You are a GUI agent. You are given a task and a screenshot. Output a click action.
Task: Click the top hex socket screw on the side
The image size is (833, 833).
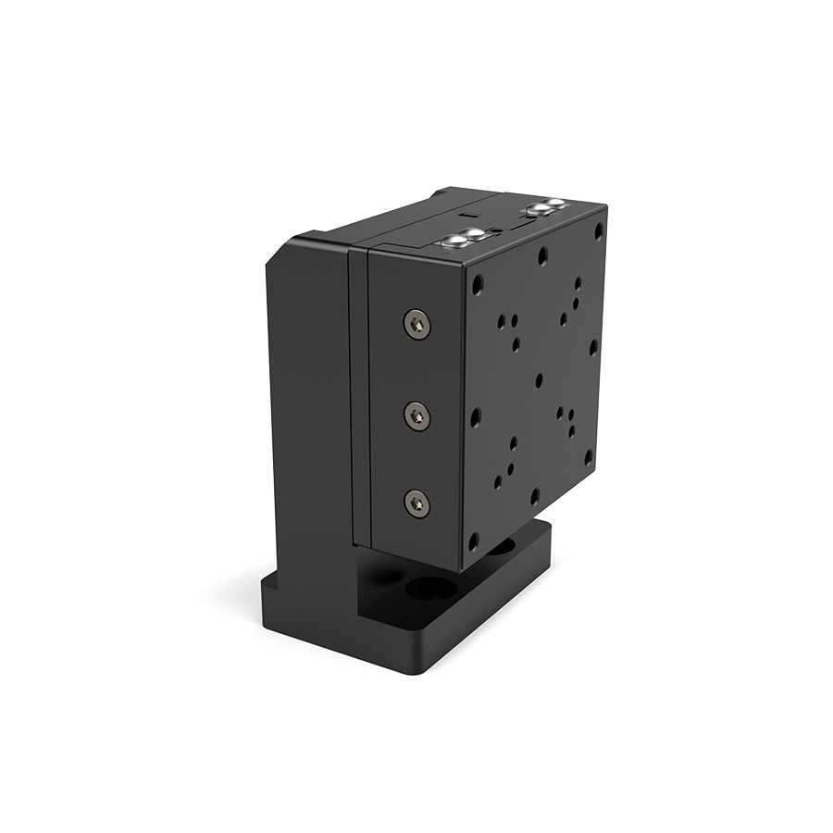click(x=417, y=323)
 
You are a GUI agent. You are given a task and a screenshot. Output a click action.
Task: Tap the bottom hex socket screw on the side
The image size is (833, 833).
click(x=417, y=504)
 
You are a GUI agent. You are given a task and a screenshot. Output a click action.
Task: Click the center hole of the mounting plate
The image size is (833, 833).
click(x=540, y=379)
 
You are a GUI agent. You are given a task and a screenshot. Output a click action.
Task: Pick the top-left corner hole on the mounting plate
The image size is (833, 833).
click(x=478, y=285)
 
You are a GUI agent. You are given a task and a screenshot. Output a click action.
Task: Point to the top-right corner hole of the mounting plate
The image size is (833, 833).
click(x=599, y=226)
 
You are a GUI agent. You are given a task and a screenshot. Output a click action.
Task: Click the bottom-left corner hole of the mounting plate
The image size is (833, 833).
click(x=473, y=541)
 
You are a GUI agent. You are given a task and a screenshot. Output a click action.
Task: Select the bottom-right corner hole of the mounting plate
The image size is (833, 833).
click(x=588, y=455)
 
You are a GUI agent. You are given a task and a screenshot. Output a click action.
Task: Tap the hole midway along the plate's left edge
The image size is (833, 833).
click(x=476, y=417)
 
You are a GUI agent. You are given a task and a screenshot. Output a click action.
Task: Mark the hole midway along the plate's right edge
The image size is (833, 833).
click(x=593, y=346)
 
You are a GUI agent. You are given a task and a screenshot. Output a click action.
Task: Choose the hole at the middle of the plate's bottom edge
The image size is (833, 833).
click(x=534, y=496)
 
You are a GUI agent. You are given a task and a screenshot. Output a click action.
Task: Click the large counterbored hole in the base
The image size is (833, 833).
click(x=431, y=589)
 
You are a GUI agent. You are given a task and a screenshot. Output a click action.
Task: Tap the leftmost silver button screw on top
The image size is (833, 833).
click(x=455, y=242)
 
